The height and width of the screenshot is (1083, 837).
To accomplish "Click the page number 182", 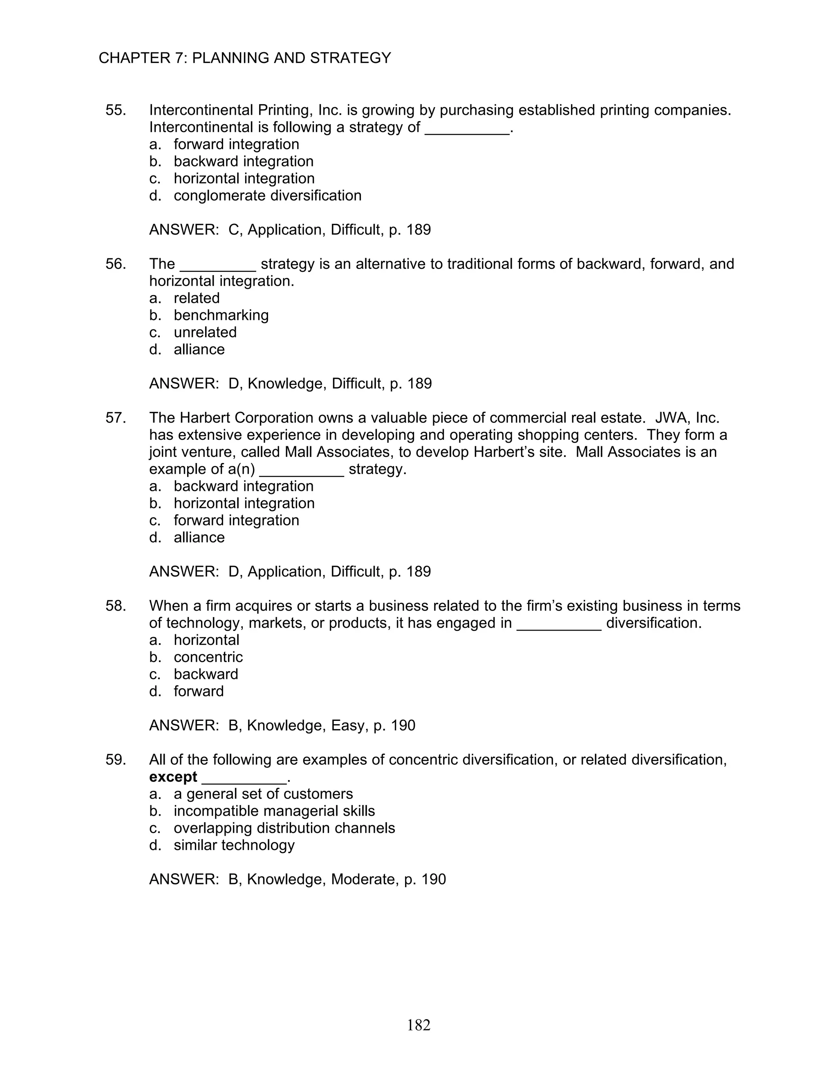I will click(418, 1025).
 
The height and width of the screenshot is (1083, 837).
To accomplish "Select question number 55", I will click(116, 110).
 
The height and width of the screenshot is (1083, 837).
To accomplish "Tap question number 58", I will click(116, 606).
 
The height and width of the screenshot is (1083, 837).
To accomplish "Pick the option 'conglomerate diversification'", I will click(267, 195).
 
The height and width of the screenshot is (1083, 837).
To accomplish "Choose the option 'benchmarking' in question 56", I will click(221, 316).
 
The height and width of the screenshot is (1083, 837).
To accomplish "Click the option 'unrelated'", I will click(205, 332).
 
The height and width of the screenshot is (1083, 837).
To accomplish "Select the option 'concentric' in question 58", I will click(208, 657).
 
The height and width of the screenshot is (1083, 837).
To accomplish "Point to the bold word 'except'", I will click(173, 777).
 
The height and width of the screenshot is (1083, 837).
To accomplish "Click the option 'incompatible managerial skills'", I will click(274, 811).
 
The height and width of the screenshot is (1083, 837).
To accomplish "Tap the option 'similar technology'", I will click(234, 846).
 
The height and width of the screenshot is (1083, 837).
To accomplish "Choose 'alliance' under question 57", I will click(199, 537).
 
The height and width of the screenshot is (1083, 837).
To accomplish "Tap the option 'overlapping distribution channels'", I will click(284, 828).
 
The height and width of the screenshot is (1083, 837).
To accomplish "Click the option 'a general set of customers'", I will click(263, 794).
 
